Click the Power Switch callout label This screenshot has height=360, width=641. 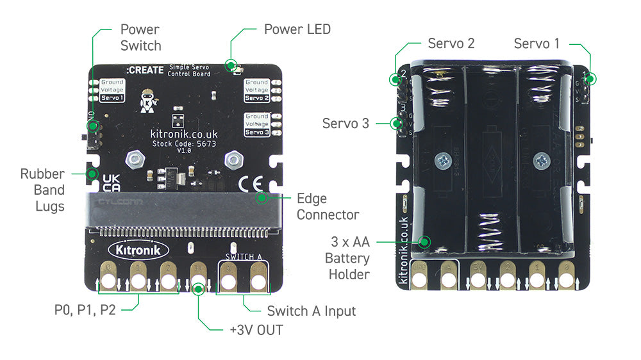[x=140, y=37]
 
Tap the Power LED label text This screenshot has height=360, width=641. [x=297, y=29]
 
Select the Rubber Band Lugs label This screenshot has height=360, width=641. [x=42, y=190]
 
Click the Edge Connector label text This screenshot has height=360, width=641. [x=328, y=206]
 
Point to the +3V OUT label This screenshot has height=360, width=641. [x=256, y=330]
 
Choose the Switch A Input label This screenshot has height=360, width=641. [x=311, y=311]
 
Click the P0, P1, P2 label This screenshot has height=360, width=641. [x=85, y=311]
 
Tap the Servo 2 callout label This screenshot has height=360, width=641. [x=451, y=44]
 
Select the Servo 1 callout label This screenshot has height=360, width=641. [x=537, y=44]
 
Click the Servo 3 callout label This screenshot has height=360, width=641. [x=345, y=123]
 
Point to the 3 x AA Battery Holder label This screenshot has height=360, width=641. [x=348, y=258]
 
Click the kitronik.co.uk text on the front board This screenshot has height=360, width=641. [x=184, y=134]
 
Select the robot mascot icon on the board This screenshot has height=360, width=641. [x=150, y=99]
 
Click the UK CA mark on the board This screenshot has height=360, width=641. [x=111, y=183]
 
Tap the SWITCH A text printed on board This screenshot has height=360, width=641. [x=244, y=258]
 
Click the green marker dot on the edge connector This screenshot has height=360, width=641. [x=262, y=198]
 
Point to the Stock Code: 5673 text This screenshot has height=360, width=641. [x=184, y=143]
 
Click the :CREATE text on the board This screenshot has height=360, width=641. [x=145, y=70]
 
